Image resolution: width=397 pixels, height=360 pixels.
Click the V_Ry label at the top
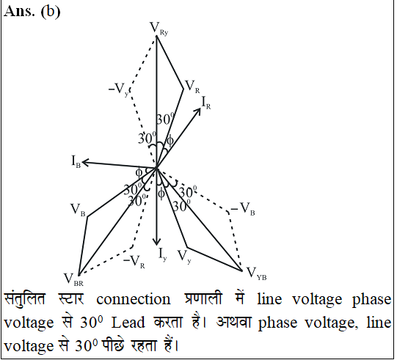coord(159,29)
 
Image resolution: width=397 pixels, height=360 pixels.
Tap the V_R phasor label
coord(192,87)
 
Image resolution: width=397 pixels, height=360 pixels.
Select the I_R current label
coord(206,103)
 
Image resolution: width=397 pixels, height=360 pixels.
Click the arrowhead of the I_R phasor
coord(198,111)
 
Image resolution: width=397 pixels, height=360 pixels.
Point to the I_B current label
coord(76,161)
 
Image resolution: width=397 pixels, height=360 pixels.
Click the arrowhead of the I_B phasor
coord(84,162)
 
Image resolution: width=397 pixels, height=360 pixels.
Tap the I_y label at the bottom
coord(163,254)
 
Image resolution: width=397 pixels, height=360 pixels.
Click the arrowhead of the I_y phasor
coord(157,243)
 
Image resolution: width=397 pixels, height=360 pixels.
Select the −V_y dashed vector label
coord(118,89)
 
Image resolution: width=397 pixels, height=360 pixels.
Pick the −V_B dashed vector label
coord(243,209)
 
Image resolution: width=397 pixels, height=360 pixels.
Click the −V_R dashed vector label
coord(134,262)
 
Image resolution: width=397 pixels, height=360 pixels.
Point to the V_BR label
coord(73,279)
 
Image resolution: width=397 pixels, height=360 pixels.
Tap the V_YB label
coord(256,273)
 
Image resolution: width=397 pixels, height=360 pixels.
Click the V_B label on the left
coord(78,210)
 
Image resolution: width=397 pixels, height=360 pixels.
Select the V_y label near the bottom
coord(184,257)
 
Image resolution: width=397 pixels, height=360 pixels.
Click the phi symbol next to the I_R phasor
coord(170,141)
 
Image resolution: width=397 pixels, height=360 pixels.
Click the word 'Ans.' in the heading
coord(20,11)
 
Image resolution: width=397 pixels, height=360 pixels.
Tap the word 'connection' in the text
coord(134,300)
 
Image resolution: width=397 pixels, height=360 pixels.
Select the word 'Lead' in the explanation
coord(128,323)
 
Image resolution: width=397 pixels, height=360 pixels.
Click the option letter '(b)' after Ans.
coord(51,12)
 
